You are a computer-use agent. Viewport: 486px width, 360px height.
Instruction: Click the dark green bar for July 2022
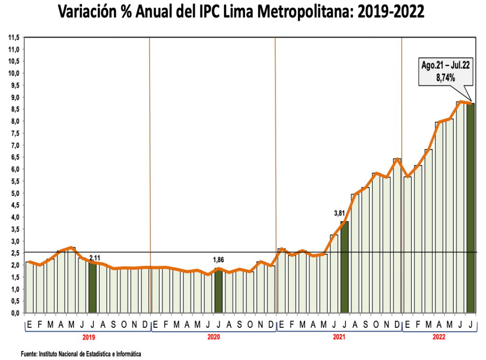[x=470, y=209]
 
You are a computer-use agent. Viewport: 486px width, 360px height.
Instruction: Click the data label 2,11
[x=95, y=258]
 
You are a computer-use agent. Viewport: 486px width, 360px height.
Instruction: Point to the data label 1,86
[x=218, y=260]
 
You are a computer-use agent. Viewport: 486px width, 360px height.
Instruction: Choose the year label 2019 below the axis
[x=88, y=337]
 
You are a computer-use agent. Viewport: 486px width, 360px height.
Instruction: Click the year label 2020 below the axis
[x=214, y=337]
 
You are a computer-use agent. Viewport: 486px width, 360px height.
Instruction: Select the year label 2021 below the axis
[x=339, y=337]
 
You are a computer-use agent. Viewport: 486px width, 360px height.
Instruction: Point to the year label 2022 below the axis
[x=439, y=337]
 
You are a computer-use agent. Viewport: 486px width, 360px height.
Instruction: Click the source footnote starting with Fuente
[x=81, y=354]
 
